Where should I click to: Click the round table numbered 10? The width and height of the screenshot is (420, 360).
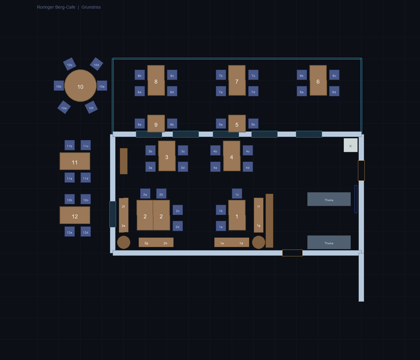tap(80, 86)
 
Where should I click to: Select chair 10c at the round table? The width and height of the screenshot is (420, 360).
tap(69, 64)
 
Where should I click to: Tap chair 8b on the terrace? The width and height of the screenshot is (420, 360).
tap(140, 75)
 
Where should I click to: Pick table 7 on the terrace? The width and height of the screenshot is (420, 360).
tap(237, 81)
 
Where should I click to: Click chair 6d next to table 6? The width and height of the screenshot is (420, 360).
tap(334, 91)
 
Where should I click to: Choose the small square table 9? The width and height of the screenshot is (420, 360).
tap(156, 124)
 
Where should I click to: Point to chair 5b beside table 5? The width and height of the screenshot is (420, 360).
tap(253, 124)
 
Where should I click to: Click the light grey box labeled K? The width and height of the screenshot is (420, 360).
tap(351, 145)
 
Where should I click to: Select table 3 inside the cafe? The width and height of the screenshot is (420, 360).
tap(167, 156)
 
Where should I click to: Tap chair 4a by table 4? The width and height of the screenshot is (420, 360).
tap(215, 167)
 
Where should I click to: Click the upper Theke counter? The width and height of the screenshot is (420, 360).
tap(329, 199)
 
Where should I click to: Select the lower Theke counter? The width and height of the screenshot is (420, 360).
tap(329, 242)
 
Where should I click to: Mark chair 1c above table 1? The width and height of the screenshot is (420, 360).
tap(237, 194)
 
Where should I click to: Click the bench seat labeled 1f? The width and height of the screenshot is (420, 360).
tap(258, 207)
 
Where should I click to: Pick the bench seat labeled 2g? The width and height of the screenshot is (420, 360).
tap(146, 242)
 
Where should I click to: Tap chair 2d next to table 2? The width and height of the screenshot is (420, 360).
tap(178, 226)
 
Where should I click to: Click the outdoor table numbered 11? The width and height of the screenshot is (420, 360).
tap(75, 161)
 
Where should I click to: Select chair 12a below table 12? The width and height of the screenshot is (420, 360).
tap(69, 232)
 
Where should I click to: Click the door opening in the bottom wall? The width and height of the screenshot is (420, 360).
tap(292, 253)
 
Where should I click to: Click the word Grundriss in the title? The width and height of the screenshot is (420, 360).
tap(91, 7)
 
